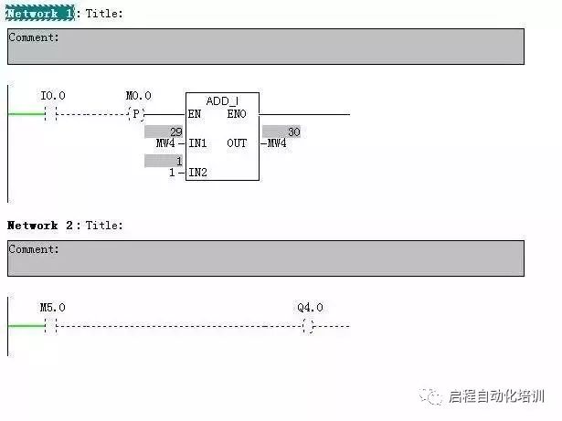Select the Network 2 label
41,225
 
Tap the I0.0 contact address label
53,96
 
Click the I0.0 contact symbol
51,114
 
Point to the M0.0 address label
138,96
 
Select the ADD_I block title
222,100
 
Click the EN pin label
195,114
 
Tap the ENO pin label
236,114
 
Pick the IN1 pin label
197,143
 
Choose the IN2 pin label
197,173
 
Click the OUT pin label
237,143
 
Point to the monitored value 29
176,132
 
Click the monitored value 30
292,132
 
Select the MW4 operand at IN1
165,143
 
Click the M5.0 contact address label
52,308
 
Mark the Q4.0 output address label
310,308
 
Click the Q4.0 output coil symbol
308,326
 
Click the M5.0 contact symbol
50,326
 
